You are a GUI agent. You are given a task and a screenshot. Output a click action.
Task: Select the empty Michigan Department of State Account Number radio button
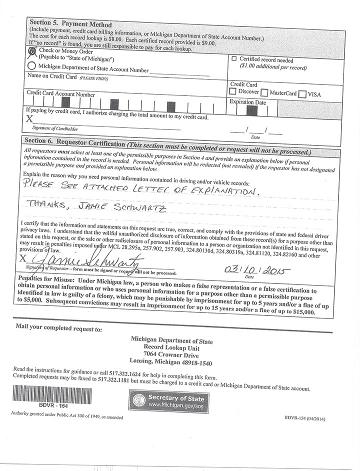pos(32,66)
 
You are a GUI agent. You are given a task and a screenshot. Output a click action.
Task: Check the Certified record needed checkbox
pos(234,59)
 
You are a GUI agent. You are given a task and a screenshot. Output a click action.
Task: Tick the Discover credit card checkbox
pos(233,92)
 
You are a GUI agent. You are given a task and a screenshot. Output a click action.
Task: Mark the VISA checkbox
pos(302,94)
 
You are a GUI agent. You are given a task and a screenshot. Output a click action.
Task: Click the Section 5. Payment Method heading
pos(70,23)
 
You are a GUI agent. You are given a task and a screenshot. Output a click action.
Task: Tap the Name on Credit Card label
pos(51,77)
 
